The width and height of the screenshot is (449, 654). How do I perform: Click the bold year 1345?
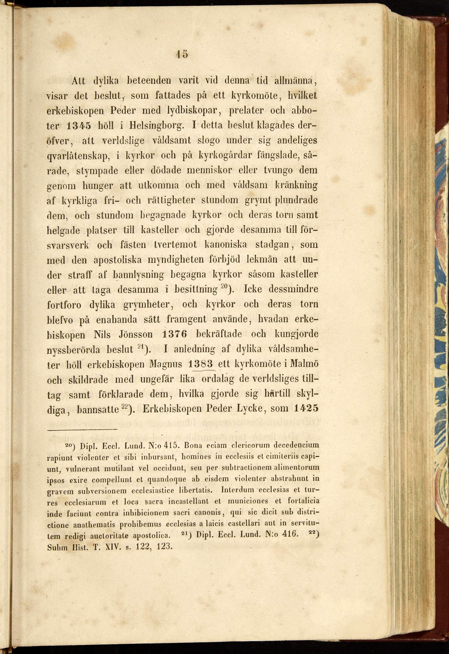(x=79, y=126)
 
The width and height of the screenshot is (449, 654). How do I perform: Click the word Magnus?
(x=166, y=365)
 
